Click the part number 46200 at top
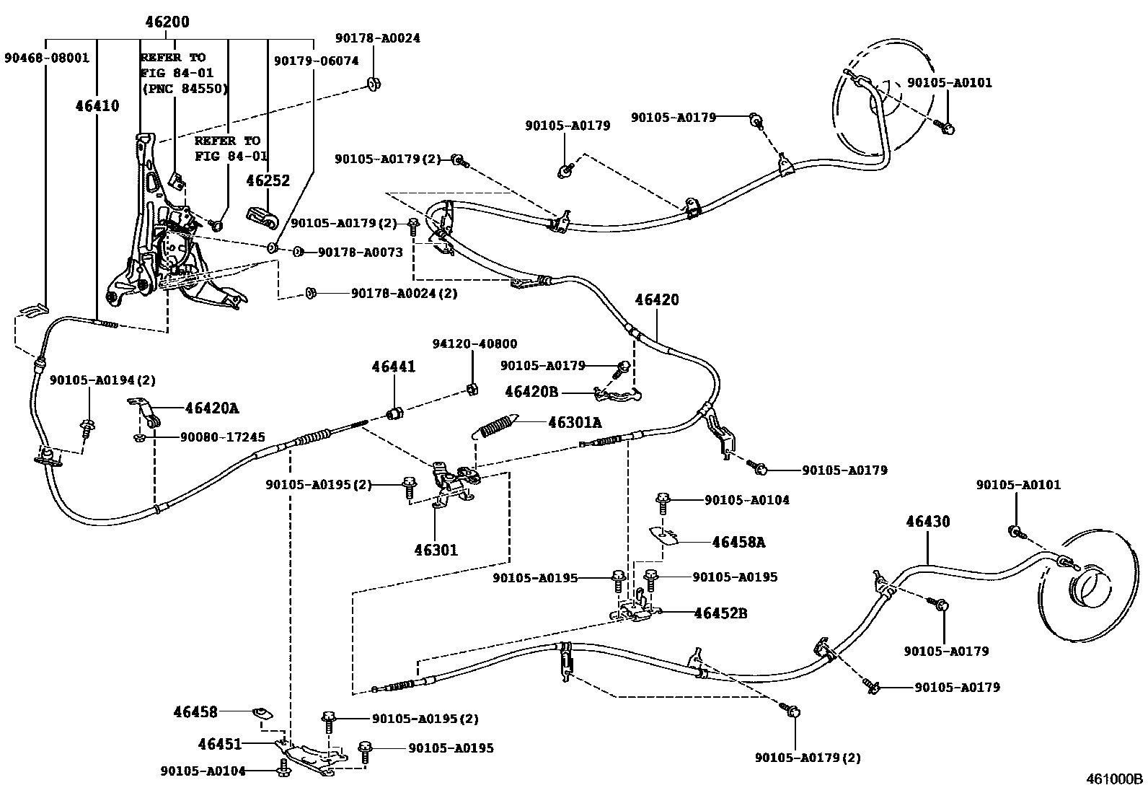pos(167,22)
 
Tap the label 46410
pos(97,106)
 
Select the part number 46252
pos(268,180)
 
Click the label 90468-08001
pos(47,58)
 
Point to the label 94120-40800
pos(474,343)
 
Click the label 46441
pos(394,367)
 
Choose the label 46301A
pos(575,423)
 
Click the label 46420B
pos(531,392)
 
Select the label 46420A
pos(212,408)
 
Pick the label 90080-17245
pos(222,437)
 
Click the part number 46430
pos(928,522)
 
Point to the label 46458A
pos(738,542)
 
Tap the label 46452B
pos(720,613)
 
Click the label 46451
pos(220,744)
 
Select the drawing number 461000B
pos(1114,779)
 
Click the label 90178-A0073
pos(361,253)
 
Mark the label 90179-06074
pos(317,61)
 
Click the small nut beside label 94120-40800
pos(473,390)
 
